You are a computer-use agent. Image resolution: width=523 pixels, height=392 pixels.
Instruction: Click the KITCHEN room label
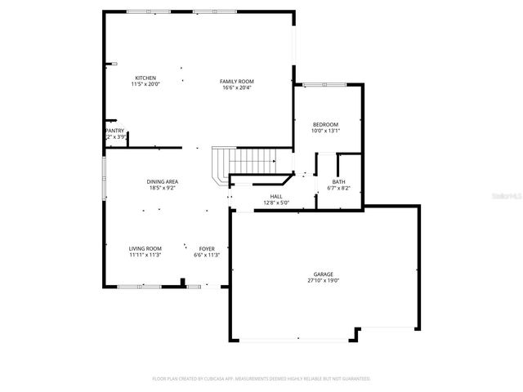tap(145, 78)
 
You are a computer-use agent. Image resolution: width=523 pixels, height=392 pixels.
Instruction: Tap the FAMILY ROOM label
tap(237, 82)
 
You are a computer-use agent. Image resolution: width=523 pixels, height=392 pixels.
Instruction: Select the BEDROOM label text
tap(324, 124)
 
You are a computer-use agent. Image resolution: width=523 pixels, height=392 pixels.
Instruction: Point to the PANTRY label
tap(114, 131)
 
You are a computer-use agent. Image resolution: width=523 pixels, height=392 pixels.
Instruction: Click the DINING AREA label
tap(162, 181)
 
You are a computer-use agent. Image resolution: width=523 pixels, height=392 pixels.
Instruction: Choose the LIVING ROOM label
tap(145, 248)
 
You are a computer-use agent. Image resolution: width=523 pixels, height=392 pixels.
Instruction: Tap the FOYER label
tap(207, 248)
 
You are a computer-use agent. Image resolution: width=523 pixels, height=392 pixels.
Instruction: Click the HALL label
tap(276, 196)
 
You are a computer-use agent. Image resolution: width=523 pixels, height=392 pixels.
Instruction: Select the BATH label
tap(338, 181)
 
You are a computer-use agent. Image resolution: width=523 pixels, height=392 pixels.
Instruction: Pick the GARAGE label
tap(323, 274)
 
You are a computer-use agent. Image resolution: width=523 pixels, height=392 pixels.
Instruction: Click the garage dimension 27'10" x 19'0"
tap(323, 281)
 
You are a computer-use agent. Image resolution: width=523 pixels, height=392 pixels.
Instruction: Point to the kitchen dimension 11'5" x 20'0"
tap(145, 85)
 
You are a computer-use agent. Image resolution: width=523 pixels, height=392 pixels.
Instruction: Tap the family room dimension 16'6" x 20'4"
tap(237, 88)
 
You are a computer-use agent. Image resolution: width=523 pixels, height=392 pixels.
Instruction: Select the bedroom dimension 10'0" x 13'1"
tap(324, 131)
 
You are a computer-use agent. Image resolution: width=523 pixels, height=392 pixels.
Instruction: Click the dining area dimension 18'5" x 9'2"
tap(162, 188)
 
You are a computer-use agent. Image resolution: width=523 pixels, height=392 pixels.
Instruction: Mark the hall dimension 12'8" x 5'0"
tap(276, 203)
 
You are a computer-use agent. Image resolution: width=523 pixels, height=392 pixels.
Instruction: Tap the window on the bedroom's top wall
tap(325, 84)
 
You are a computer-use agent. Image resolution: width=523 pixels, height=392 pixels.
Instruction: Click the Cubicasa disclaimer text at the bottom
tap(261, 379)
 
